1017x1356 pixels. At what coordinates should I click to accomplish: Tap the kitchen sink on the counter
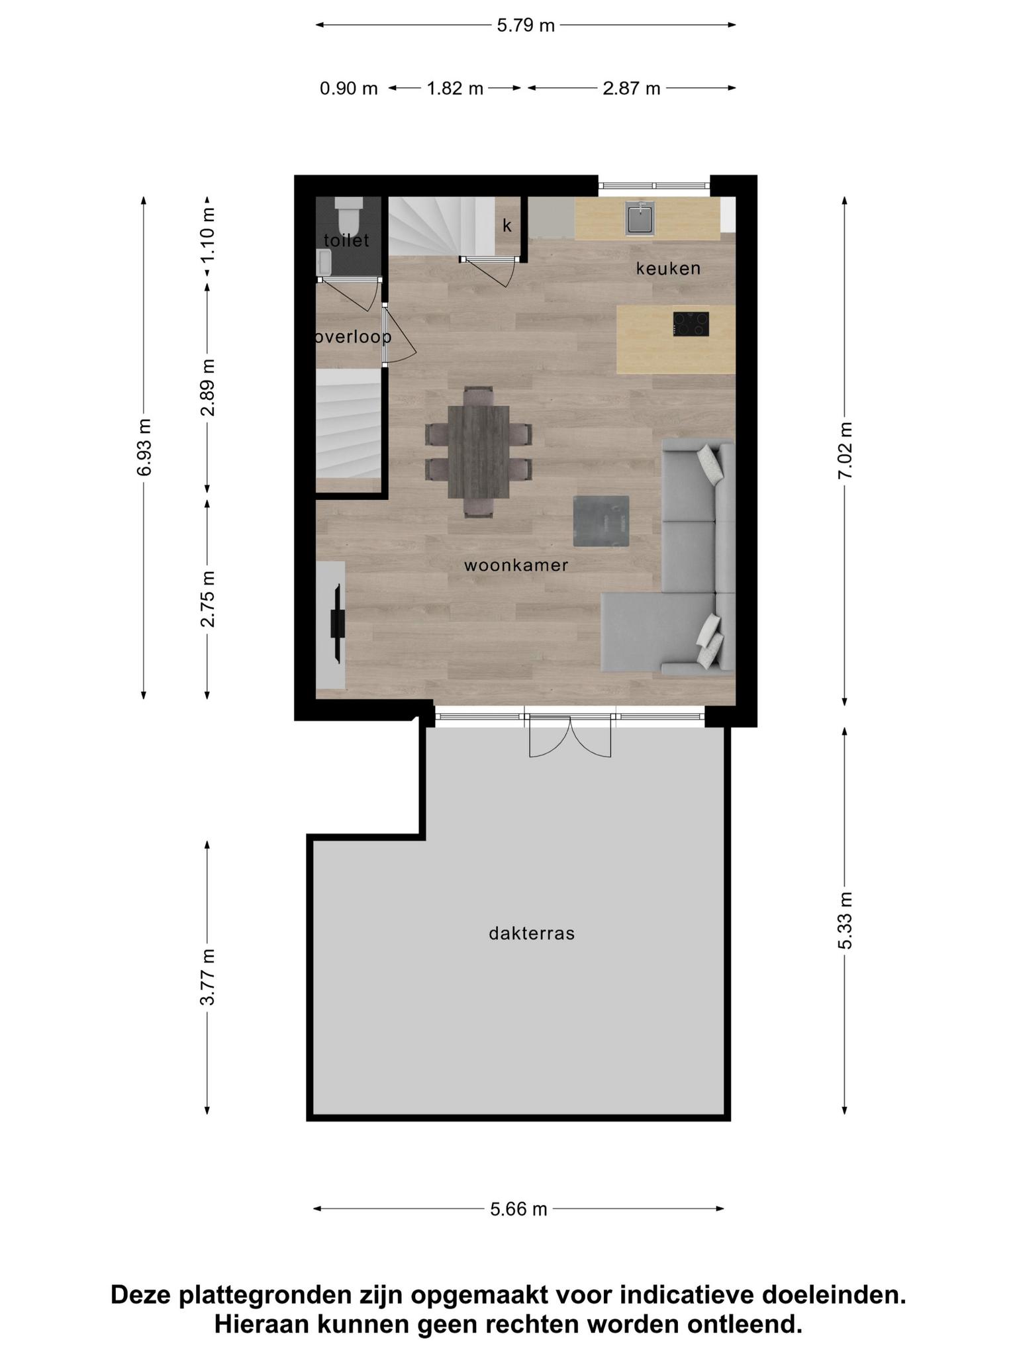(640, 218)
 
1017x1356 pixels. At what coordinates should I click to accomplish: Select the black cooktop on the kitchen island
(691, 324)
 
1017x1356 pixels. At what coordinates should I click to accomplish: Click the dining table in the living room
(479, 452)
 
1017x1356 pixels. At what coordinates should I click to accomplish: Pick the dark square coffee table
(601, 521)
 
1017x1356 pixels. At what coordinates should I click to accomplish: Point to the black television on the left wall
(338, 623)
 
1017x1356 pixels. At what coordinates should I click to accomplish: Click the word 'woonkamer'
(516, 565)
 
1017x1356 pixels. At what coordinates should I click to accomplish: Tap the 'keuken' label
(668, 268)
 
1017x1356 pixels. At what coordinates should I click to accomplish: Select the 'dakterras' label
(532, 934)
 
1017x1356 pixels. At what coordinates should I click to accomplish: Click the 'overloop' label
(354, 337)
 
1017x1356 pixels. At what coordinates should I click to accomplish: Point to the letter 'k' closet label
(507, 226)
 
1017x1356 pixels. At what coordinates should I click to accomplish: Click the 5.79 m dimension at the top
(526, 26)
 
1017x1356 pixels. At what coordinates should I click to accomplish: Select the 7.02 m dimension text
(845, 450)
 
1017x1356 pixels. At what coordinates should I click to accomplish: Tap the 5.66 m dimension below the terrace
(518, 1210)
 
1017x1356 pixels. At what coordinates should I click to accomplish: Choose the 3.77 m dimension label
(207, 977)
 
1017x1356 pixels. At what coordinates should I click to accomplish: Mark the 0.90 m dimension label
(349, 88)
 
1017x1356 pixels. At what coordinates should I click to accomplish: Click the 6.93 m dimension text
(144, 447)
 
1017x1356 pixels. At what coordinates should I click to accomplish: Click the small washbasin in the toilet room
(324, 262)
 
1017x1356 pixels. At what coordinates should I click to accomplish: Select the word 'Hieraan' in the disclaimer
(261, 1324)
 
